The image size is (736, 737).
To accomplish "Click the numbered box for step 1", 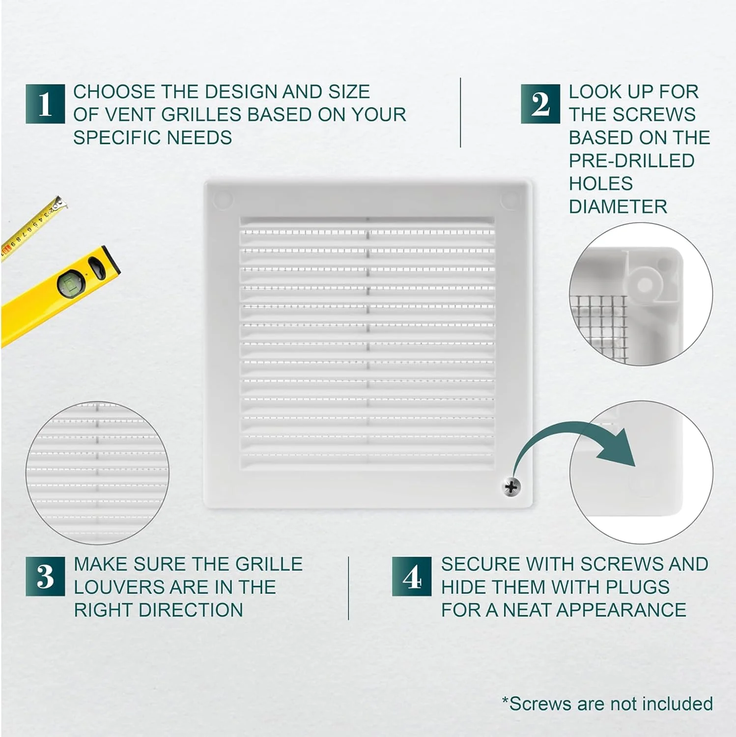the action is coord(45,104).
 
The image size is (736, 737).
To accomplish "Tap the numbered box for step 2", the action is coord(540,104).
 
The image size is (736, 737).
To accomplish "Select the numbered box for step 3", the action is coord(45,576).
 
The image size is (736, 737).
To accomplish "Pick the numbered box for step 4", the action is coord(412,576).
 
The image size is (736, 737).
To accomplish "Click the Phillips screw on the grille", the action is coord(511,487).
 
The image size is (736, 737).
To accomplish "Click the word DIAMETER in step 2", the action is coord(618,206).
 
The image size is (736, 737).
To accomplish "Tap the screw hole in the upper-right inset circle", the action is coord(645,284).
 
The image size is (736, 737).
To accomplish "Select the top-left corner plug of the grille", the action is coord(223,199).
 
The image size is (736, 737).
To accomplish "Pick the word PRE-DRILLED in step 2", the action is coord(632,160).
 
